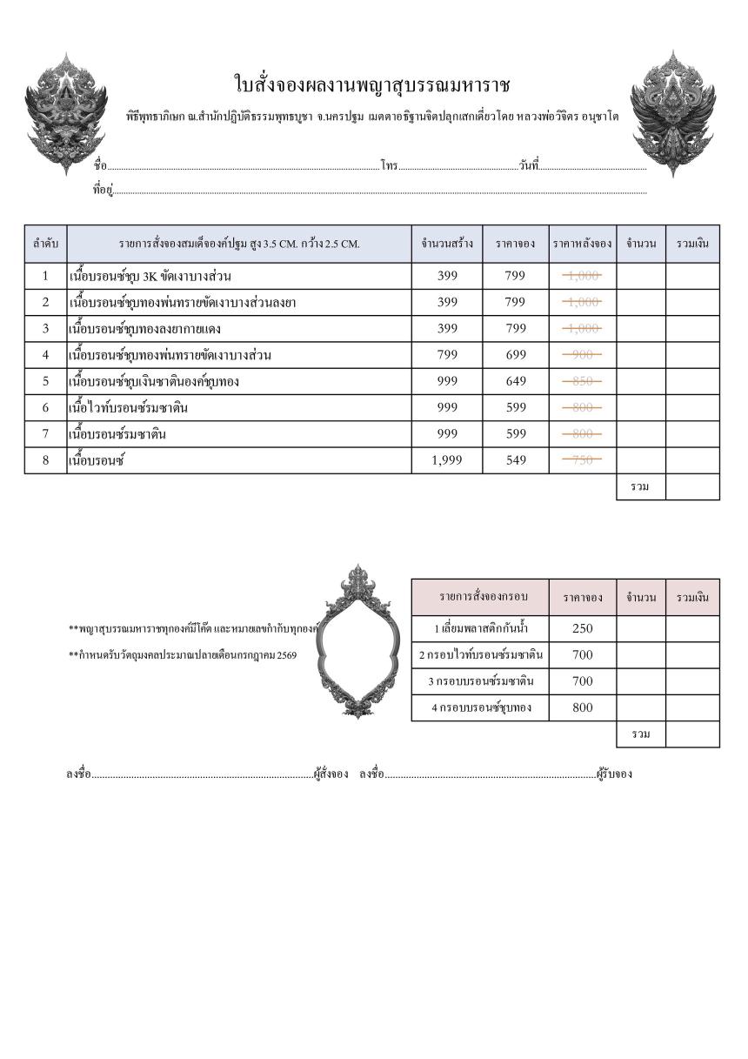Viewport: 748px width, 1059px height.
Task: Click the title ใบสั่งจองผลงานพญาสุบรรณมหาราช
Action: coord(372,84)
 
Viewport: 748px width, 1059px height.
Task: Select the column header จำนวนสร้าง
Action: coord(447,244)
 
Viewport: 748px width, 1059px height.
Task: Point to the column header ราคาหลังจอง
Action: coord(583,244)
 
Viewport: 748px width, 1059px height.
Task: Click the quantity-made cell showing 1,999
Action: coord(447,460)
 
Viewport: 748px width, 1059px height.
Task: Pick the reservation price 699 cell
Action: coord(516,355)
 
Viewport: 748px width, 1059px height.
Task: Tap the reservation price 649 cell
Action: coord(516,381)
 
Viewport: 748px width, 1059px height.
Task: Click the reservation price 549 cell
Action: coord(516,460)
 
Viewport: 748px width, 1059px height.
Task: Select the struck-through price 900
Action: coord(583,355)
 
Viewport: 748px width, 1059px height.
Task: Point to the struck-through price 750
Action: coord(583,460)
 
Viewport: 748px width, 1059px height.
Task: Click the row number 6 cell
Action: coord(45,407)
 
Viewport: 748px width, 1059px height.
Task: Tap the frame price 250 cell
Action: coord(583,628)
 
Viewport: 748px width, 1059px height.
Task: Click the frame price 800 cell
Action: coord(583,707)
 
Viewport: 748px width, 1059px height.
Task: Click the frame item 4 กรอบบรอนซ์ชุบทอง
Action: coord(481,707)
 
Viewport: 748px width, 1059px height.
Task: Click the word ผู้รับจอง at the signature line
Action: coord(614,774)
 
